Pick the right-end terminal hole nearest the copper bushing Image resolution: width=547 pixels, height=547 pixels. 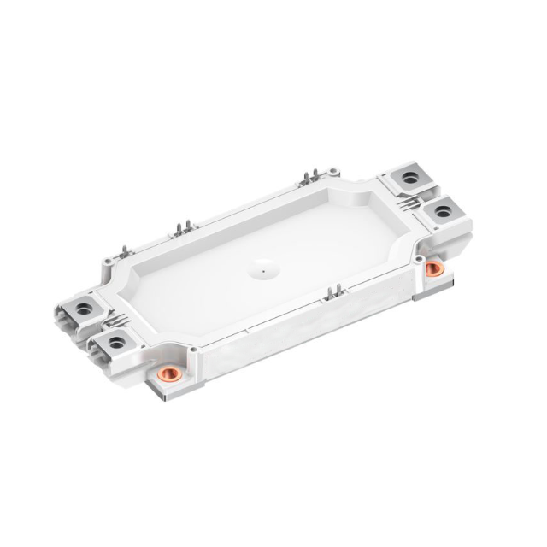click(443, 210)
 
